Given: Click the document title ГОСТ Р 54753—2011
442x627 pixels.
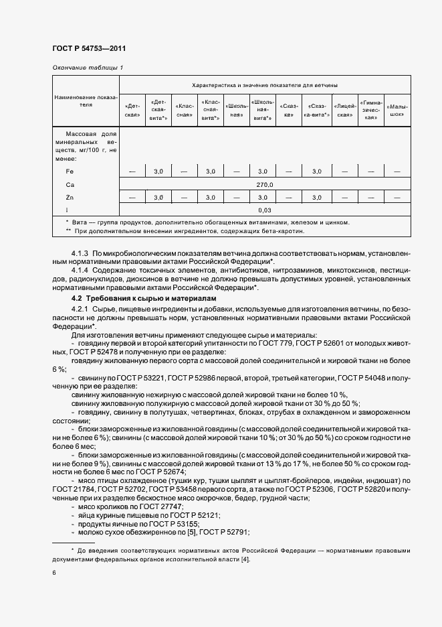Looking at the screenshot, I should coord(88,49).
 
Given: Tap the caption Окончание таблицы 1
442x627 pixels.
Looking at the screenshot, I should coord(87,68).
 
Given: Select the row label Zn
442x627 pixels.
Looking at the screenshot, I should coord(70,198).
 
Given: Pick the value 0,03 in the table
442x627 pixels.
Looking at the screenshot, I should coord(265,210).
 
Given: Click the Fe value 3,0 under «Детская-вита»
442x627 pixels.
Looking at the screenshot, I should coord(158,172).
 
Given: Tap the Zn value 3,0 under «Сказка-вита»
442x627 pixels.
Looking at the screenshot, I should coord(316,198).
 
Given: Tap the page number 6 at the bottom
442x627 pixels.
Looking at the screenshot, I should coord(54,573).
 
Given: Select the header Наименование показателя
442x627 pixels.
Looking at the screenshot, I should coord(86,100).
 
